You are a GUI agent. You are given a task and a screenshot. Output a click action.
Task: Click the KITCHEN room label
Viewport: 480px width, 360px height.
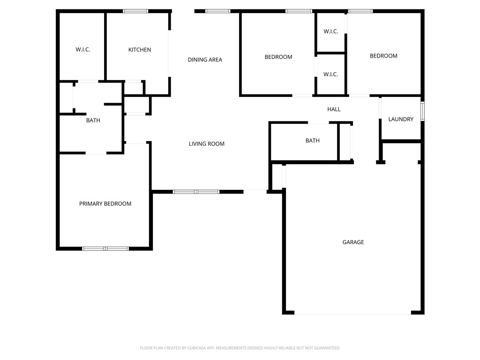[140, 50]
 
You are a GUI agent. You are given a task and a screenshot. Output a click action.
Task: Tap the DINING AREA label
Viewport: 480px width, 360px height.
[205, 60]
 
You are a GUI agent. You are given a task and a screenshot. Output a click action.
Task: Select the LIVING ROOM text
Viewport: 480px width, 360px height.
[206, 144]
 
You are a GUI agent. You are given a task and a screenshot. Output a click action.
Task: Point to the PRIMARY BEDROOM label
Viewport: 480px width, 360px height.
[105, 204]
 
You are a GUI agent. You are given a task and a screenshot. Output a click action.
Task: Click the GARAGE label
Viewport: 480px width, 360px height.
[353, 242]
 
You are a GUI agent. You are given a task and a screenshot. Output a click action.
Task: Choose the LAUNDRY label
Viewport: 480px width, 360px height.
[401, 120]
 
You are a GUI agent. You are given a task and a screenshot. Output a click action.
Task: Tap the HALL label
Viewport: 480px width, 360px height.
[334, 109]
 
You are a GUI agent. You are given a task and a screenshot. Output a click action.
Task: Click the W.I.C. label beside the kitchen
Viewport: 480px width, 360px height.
[83, 50]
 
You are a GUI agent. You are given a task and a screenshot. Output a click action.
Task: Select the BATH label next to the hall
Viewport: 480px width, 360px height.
[312, 141]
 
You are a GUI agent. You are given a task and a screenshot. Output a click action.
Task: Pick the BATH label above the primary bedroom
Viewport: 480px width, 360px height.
[93, 120]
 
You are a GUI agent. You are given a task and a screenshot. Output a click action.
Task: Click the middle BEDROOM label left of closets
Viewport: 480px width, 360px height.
[278, 57]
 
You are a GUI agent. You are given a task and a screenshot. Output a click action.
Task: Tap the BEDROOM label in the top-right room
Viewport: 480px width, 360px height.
[383, 56]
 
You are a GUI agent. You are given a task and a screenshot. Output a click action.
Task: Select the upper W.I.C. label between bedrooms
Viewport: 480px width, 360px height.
[330, 32]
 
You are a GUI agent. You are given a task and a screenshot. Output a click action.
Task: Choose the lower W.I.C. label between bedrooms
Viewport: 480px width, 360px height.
[330, 75]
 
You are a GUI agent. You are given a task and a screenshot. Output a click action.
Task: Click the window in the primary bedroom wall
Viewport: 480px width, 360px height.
[105, 248]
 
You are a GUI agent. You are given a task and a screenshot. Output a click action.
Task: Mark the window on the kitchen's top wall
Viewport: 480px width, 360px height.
[135, 11]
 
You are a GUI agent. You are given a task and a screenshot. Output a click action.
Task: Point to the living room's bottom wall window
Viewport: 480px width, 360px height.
[196, 191]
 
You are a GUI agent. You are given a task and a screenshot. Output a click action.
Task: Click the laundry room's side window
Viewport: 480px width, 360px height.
[422, 112]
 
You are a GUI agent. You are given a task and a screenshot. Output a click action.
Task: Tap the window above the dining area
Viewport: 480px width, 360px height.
[218, 11]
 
